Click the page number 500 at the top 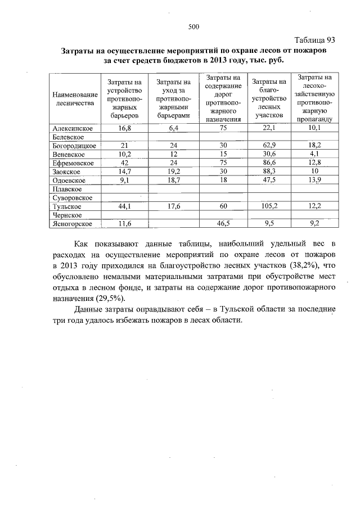point(195,26)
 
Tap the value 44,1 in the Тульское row point(124,206)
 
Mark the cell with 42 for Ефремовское point(124,163)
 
